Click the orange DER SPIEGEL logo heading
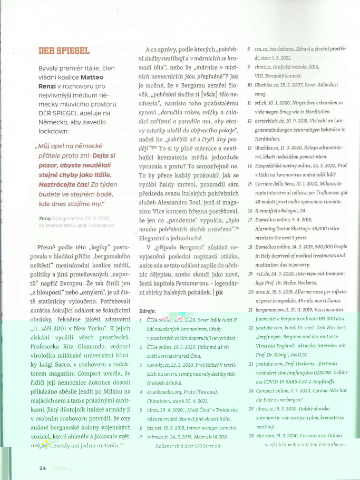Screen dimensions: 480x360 pyautogui.click(x=64, y=51)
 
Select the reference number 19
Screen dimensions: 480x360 pyautogui.click(x=250, y=273)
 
